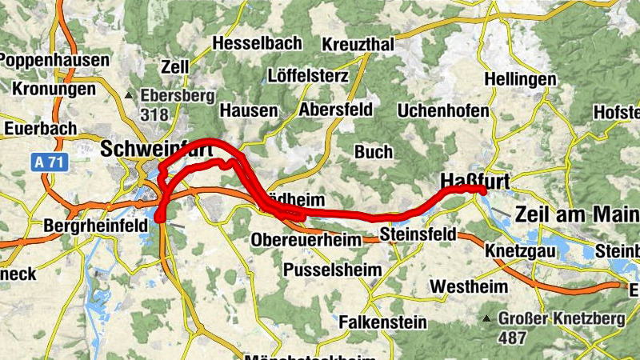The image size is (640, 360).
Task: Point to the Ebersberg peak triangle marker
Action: [130, 96]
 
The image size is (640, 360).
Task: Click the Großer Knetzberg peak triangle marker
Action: [487, 319]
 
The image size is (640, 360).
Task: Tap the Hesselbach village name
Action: [258, 42]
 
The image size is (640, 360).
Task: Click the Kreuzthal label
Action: [358, 46]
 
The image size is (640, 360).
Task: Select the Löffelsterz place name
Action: [308, 77]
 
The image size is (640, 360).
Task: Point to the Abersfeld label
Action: [335, 110]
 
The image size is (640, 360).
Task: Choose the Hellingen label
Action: [520, 80]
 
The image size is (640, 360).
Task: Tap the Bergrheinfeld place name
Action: [96, 226]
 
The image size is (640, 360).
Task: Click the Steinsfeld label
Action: [418, 234]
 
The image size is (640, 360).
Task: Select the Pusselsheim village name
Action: [333, 270]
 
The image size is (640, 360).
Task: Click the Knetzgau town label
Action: [521, 250]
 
